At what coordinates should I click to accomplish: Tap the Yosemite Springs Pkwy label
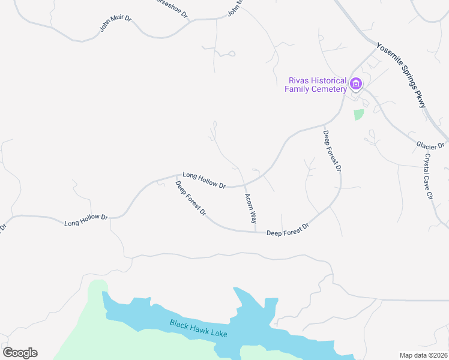click(x=400, y=75)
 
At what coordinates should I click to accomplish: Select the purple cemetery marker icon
click(x=356, y=83)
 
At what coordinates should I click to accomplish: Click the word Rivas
click(x=300, y=80)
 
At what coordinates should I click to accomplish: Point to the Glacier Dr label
click(x=430, y=145)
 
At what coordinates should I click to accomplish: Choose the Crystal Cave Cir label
click(x=429, y=176)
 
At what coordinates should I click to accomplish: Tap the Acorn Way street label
click(x=251, y=208)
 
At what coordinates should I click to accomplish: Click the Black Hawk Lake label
click(x=198, y=328)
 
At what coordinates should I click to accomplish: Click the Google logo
click(x=20, y=353)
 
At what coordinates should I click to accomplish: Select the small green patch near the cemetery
click(x=358, y=114)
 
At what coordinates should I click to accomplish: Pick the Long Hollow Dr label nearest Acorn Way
click(x=204, y=181)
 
